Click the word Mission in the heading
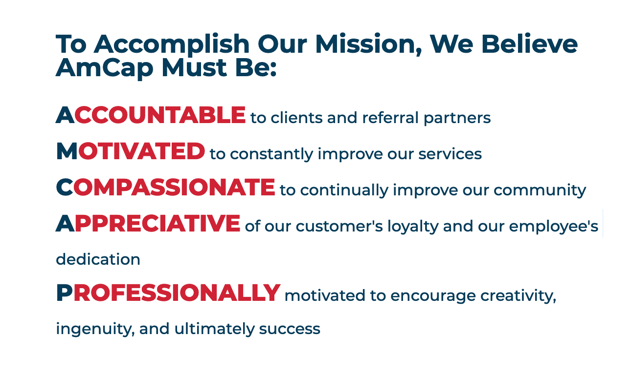(368, 44)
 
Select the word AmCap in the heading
(104, 68)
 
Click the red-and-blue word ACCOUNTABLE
(151, 115)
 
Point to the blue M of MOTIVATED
(67, 151)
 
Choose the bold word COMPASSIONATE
(165, 188)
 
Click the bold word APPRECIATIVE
(148, 224)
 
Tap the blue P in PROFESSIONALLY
(65, 293)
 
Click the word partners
(457, 119)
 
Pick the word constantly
(271, 154)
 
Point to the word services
(450, 153)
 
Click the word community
(540, 190)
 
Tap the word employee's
(553, 227)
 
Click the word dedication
(98, 259)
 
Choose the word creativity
(518, 296)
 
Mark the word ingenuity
(95, 329)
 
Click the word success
(290, 329)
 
